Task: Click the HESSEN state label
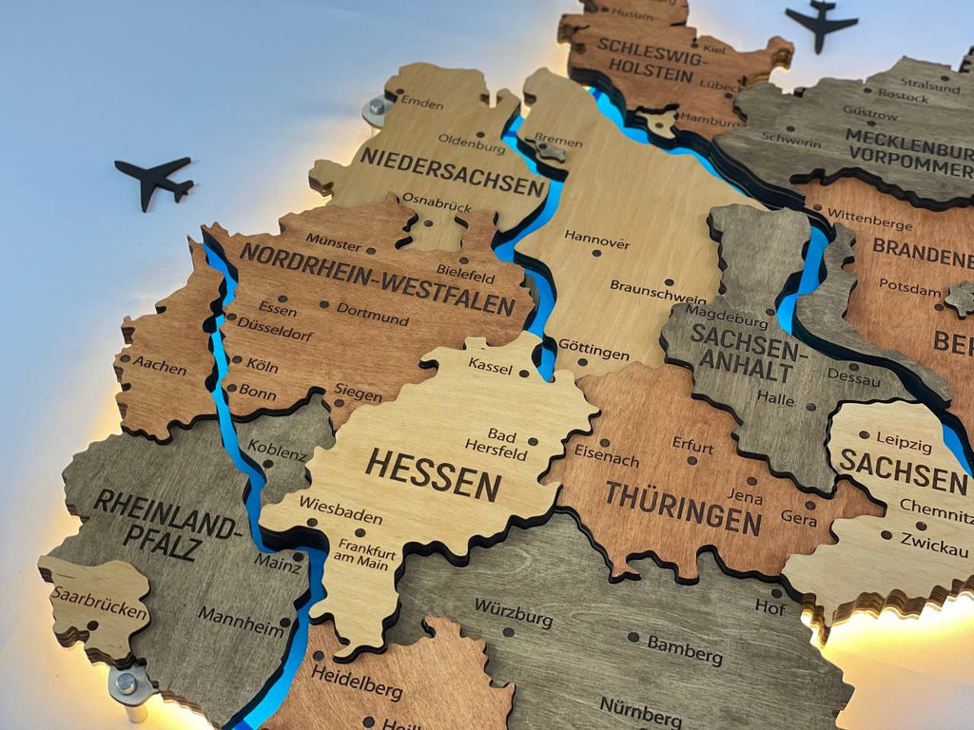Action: tap(433, 473)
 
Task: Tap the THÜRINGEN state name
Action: tap(683, 508)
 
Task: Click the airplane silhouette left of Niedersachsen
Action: tap(155, 180)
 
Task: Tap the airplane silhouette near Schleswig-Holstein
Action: tap(821, 24)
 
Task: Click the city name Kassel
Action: tap(490, 365)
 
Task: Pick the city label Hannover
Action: tap(596, 238)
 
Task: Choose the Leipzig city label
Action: tap(904, 443)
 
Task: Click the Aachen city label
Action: tap(158, 364)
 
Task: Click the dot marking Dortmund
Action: tap(324, 305)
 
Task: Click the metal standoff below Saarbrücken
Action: tap(128, 686)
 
